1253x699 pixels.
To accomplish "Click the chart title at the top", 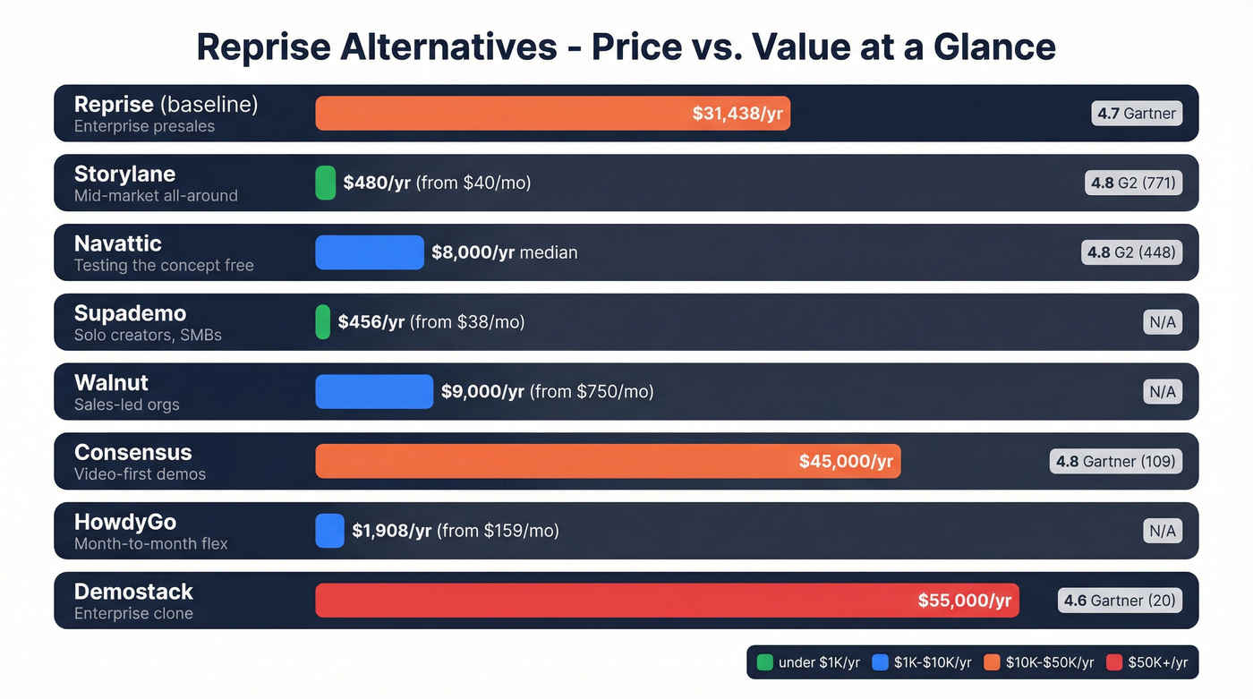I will tap(626, 47).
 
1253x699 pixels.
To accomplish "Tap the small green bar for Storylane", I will tap(326, 183).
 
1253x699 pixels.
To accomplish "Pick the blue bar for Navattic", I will tap(369, 252).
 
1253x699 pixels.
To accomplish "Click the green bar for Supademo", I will tap(323, 322).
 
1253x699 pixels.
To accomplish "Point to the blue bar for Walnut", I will tap(374, 392).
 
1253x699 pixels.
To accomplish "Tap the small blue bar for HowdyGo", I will tap(329, 531).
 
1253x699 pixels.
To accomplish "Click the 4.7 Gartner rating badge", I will tap(1137, 114).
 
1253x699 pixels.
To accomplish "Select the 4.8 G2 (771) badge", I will tap(1133, 183).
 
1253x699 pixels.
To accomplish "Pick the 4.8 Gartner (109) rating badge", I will tap(1115, 462).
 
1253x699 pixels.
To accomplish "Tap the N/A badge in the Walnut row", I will tap(1163, 392).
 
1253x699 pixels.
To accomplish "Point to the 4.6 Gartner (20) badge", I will tap(1120, 601).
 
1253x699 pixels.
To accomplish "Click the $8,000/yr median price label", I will tap(504, 252).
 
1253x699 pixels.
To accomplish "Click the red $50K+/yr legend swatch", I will tap(1114, 662).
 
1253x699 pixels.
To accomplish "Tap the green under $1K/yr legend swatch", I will tap(764, 662).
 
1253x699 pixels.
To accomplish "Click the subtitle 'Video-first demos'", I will tap(140, 474).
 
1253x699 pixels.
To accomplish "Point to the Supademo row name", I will tap(130, 313).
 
